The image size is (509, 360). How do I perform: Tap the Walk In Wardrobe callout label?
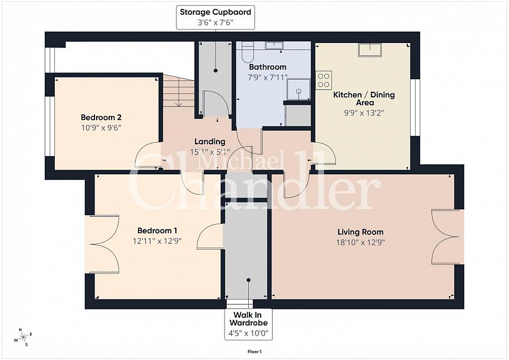coord(249,324)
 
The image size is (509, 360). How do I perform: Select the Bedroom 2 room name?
coord(101,117)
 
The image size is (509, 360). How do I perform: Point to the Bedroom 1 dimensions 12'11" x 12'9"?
coord(157,241)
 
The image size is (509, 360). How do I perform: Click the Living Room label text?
coord(360,232)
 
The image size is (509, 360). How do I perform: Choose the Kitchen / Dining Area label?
coord(356,98)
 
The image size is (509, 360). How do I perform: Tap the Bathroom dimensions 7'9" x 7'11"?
coord(268,77)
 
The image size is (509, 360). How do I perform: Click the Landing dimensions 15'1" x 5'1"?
coord(210,152)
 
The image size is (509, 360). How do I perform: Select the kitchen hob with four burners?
coord(323,80)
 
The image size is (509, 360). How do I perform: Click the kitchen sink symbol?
coord(369,50)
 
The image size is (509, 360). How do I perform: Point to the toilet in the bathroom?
coord(247,52)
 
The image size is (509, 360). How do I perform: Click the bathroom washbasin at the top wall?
coord(274,45)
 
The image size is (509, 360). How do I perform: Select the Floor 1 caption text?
coord(255,352)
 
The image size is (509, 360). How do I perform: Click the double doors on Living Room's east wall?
coord(447,237)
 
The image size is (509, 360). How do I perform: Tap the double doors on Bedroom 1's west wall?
coord(103,244)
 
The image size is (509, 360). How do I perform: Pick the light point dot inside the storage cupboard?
coord(215,71)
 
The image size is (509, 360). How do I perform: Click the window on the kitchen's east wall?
coord(415,108)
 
